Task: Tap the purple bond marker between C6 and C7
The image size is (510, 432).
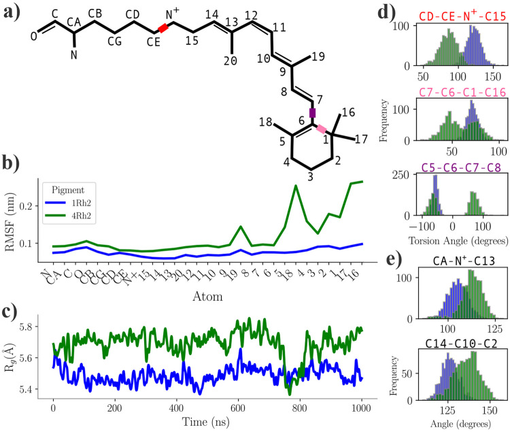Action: (313, 113)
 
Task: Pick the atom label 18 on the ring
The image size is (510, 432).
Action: (265, 122)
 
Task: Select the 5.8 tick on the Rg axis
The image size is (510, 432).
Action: (35, 327)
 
